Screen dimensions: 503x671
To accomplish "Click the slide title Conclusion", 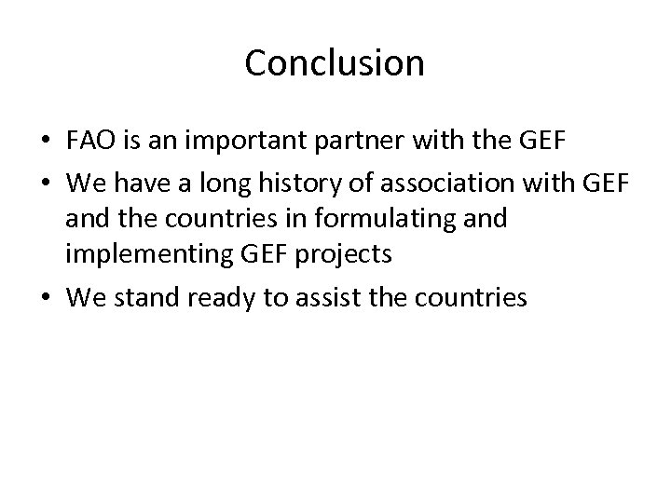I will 335,63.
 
